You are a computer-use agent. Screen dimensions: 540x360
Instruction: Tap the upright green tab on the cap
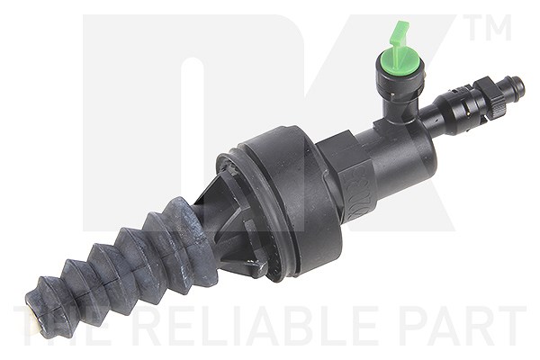coord(399,38)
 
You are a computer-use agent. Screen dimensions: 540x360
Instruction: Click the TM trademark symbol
coord(489,27)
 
